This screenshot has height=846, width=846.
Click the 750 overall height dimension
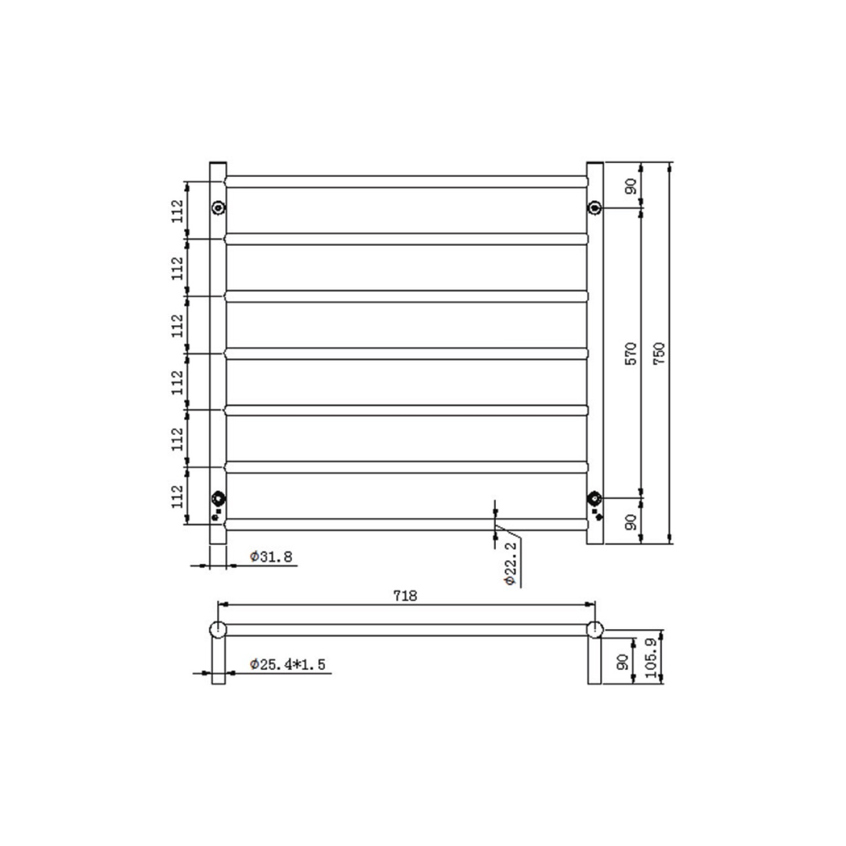(x=660, y=352)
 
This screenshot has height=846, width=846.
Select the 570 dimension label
(x=633, y=352)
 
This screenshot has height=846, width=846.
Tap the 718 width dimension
(x=404, y=595)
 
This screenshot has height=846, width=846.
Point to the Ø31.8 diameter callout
(x=271, y=557)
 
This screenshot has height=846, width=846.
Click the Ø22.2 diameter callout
(x=509, y=562)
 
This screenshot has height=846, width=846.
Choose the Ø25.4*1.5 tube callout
(x=287, y=664)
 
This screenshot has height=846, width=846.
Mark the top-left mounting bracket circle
(x=218, y=208)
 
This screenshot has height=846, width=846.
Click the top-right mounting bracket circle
(x=595, y=208)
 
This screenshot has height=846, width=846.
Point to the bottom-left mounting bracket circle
(x=218, y=498)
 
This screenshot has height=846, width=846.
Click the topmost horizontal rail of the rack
(x=406, y=182)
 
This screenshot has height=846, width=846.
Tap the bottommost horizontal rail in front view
(x=406, y=524)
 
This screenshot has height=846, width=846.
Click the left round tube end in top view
(x=218, y=629)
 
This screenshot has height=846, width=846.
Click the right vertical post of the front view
(x=595, y=352)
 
